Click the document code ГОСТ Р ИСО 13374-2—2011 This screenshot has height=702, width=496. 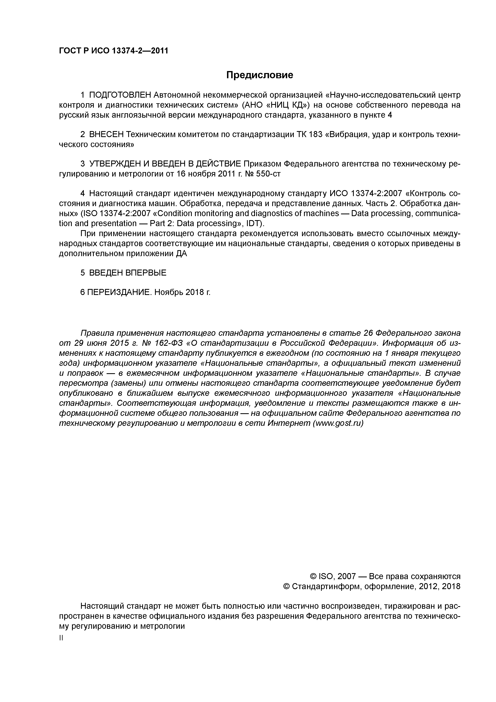(x=114, y=51)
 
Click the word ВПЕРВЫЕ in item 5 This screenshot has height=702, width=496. (x=146, y=273)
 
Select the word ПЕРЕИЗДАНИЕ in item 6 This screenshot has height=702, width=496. (x=119, y=292)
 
